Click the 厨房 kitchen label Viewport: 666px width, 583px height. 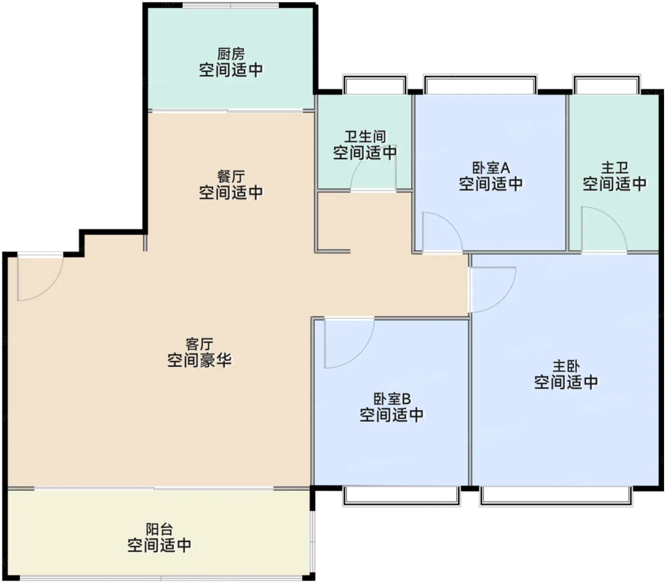tap(231, 54)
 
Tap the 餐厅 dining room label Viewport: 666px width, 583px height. tap(231, 177)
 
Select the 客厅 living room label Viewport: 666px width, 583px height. tap(199, 344)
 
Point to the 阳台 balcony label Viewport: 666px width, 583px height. tap(159, 529)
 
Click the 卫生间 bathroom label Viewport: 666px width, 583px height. tap(365, 137)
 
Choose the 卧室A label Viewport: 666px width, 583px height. tap(491, 168)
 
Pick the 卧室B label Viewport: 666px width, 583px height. tap(392, 399)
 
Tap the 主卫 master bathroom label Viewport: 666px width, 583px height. tap(615, 168)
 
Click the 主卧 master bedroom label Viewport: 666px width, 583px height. tap(566, 366)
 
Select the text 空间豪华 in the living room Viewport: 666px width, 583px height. tap(199, 360)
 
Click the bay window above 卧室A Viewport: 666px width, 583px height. tap(480, 84)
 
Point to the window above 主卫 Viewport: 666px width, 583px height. tap(607, 84)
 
